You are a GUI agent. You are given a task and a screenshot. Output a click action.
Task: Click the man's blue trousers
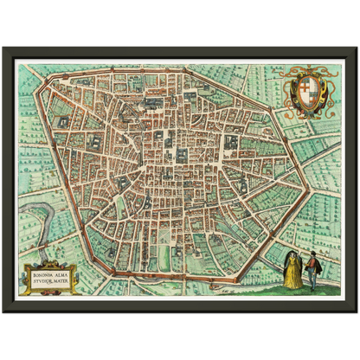click(x=314, y=275)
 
